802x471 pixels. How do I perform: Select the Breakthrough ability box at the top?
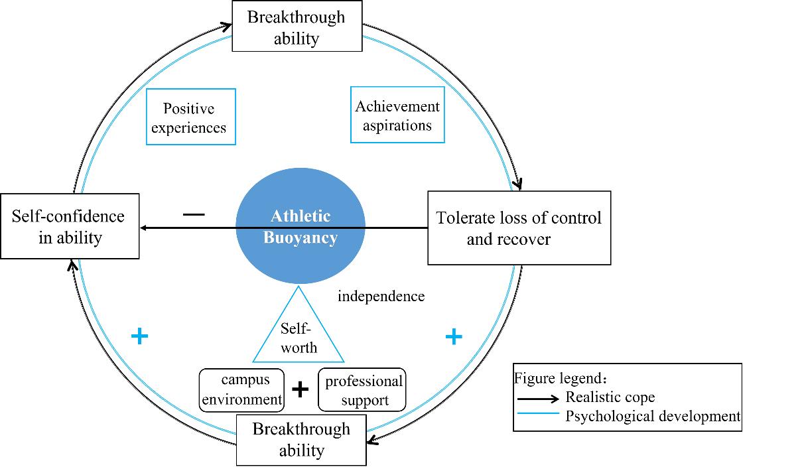(297, 27)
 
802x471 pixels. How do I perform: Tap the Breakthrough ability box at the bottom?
(301, 440)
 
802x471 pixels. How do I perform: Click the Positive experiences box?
(190, 117)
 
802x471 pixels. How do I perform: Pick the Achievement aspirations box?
(397, 115)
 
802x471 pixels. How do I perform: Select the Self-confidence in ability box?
(70, 226)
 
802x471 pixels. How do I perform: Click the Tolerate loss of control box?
(519, 228)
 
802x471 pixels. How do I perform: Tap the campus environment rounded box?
(242, 390)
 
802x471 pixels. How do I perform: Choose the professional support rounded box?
(362, 390)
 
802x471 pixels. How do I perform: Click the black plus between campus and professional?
(301, 389)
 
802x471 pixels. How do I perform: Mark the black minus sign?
(194, 215)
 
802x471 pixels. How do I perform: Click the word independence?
(381, 297)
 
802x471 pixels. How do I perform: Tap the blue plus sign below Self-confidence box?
(139, 336)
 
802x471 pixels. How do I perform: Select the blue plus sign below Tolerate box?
(453, 337)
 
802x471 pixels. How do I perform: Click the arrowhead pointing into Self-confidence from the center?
(144, 228)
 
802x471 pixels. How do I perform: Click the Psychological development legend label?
(653, 417)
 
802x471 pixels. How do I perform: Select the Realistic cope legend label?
(610, 397)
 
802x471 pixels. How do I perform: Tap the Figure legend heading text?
(561, 379)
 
